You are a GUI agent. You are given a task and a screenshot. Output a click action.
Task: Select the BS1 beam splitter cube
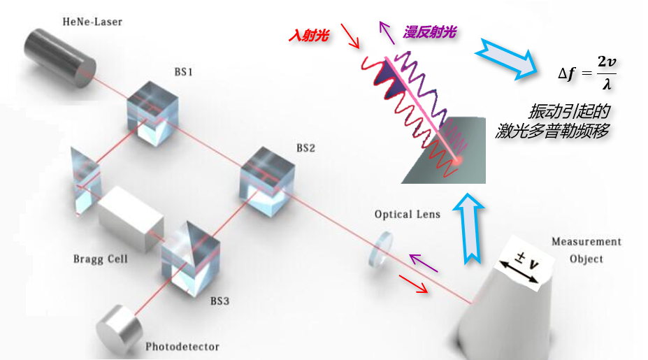click(x=152, y=110)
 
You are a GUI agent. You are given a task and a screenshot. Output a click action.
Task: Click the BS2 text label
click(x=305, y=148)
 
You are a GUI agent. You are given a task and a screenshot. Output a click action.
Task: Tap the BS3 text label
click(x=219, y=301)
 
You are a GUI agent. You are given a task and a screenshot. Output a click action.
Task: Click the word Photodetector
click(x=182, y=346)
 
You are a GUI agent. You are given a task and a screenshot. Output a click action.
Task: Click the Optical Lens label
click(x=408, y=214)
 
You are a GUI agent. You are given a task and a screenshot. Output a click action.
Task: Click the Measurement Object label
click(x=586, y=250)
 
